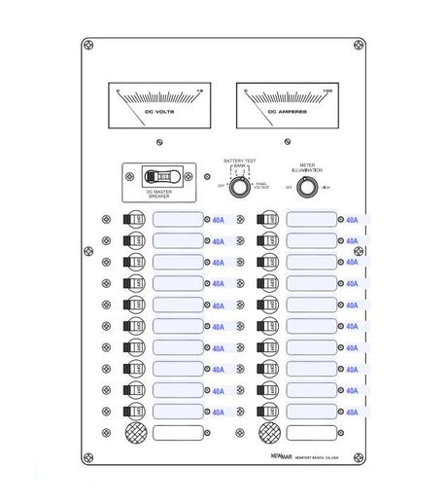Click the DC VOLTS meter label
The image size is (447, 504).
(159, 113)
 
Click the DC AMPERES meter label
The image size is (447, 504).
(289, 113)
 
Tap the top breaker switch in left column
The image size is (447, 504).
(136, 219)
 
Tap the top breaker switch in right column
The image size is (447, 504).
(269, 219)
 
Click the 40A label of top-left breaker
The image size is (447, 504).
(218, 220)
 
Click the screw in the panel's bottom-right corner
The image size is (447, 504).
(358, 456)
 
